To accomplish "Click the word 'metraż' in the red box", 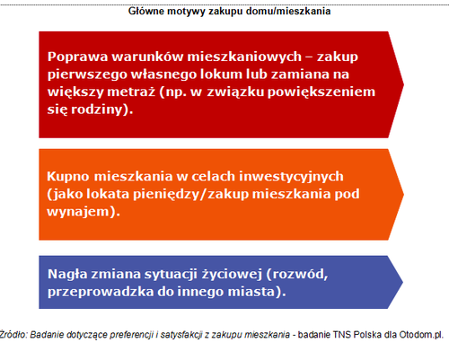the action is click(x=131, y=92).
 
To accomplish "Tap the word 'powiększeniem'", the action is click(x=321, y=92).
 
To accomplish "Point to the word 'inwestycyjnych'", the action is click(x=291, y=177).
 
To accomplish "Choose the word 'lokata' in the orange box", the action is click(x=108, y=194).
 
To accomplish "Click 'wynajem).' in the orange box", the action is click(x=84, y=212).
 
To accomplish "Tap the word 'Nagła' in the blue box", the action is click(x=67, y=275).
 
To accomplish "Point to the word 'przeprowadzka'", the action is click(x=101, y=292).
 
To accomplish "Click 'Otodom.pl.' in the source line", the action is click(x=421, y=335).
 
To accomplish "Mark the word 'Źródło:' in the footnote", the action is click(x=13, y=335).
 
